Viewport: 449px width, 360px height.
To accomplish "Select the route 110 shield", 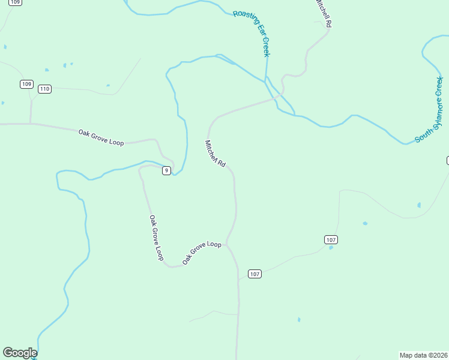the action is pyautogui.click(x=44, y=89).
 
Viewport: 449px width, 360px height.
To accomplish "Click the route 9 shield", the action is pyautogui.click(x=166, y=171).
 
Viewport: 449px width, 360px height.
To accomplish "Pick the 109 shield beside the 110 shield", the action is pyautogui.click(x=26, y=84).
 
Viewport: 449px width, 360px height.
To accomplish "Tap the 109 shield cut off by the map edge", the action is pyautogui.click(x=16, y=2).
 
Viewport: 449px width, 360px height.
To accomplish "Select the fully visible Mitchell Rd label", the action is pyautogui.click(x=215, y=154).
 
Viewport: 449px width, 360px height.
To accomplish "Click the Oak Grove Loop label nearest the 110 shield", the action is pyautogui.click(x=101, y=137).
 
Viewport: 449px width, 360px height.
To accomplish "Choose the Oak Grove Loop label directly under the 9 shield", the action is pyautogui.click(x=156, y=238).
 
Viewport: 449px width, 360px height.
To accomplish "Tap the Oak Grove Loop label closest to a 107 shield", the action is pyautogui.click(x=202, y=253).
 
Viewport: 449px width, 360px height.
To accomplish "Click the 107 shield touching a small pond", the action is pyautogui.click(x=331, y=240).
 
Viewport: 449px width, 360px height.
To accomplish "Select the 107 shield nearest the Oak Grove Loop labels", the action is pyautogui.click(x=255, y=274).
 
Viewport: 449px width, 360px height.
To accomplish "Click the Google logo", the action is pyautogui.click(x=20, y=353).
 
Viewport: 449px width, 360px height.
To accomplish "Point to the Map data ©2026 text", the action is pyautogui.click(x=423, y=355).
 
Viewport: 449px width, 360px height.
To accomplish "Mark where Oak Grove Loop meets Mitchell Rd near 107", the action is pyautogui.click(x=228, y=244).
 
